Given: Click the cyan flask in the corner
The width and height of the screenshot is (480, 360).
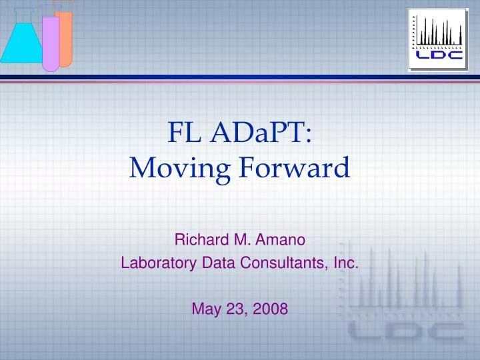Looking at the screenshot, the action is coord(22,40).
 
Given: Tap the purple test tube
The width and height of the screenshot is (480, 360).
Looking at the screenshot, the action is coord(51,40).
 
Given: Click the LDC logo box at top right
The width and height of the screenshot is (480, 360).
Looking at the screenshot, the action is coord(438,40).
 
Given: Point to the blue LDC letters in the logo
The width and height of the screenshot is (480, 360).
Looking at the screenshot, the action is coord(439,55).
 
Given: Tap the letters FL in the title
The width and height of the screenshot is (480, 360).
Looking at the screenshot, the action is coord(184,133).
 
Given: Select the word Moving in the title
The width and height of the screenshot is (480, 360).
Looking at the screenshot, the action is coord(180,169).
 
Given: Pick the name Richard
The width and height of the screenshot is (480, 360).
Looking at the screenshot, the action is coord(202,239).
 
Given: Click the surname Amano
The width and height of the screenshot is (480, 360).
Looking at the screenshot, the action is coord(280,239).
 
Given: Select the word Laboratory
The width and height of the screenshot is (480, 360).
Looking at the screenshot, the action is coord(159,263).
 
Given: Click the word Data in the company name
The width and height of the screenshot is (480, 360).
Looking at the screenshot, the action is coord(218,263).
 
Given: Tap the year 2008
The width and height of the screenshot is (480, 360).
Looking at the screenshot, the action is coord(271,309).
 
